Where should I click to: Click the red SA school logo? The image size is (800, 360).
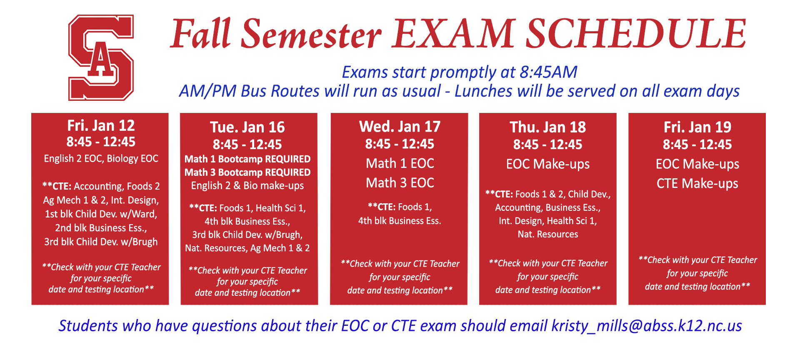pos(101,57)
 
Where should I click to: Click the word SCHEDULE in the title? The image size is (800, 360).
pos(636,34)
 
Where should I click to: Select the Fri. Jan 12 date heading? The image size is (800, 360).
pos(101,125)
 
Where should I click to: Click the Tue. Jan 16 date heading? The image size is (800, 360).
pos(247,127)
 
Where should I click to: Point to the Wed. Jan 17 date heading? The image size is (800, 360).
pos(400,126)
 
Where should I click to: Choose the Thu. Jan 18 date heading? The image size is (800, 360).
pos(548,127)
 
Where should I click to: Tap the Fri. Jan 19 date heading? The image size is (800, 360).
pos(697,127)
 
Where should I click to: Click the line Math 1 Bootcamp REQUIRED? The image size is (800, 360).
pos(247,159)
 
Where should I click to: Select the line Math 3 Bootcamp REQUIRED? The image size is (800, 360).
pos(247,172)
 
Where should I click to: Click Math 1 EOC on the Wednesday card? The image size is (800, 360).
pos(400,163)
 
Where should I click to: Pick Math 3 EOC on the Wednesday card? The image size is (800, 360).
pos(400,182)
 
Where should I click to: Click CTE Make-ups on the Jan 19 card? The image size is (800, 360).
pos(697,184)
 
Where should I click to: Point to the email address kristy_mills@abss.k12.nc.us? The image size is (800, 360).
pos(647,326)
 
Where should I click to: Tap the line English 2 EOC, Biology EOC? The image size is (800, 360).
pos(101,158)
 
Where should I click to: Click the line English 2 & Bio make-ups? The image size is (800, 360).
pos(247,186)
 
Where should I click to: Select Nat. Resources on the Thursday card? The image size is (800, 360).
pos(548,234)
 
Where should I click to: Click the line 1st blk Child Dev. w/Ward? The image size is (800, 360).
pos(101,214)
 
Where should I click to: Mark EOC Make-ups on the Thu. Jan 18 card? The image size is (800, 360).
pos(548,164)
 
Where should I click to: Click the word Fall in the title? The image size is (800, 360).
pos(201,33)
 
